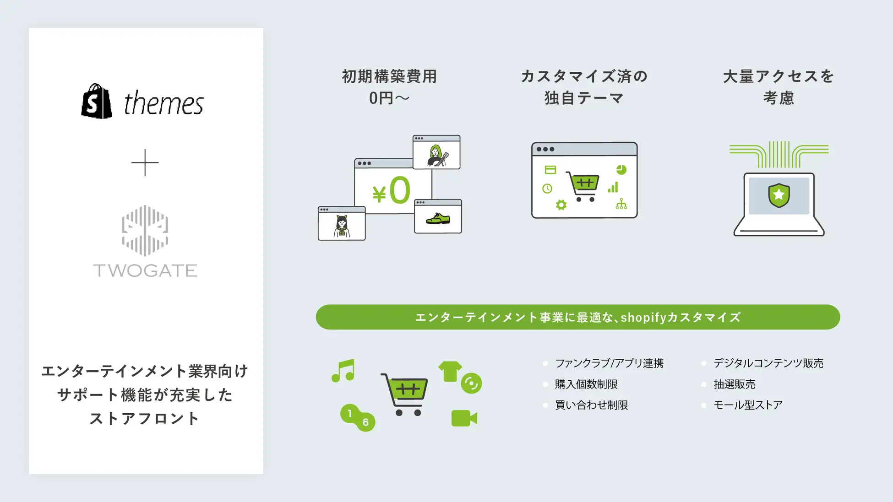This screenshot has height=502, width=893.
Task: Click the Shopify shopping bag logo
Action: click(97, 101)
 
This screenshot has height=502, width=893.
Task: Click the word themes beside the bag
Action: click(163, 103)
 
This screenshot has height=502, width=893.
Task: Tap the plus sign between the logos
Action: click(145, 162)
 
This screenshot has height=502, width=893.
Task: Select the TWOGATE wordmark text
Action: click(145, 270)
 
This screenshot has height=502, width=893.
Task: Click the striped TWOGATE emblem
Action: click(145, 231)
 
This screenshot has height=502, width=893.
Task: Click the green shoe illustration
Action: click(438, 219)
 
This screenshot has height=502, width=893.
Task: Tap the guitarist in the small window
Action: click(437, 156)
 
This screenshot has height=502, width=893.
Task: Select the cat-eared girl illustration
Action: click(342, 226)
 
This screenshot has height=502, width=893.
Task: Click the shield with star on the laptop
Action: click(779, 195)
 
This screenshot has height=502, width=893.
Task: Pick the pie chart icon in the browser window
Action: click(621, 170)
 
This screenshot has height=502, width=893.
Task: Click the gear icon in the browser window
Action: click(561, 205)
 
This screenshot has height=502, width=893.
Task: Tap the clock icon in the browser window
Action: click(547, 189)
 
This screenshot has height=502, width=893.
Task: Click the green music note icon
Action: click(343, 371)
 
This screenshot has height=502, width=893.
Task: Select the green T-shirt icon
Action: click(450, 371)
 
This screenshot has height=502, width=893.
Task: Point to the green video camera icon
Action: click(464, 418)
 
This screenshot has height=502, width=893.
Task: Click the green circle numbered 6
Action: click(365, 422)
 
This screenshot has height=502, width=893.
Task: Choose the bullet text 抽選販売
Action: click(734, 384)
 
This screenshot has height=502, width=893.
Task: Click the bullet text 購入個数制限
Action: click(586, 384)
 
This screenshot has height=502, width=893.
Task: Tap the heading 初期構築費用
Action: click(390, 76)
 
